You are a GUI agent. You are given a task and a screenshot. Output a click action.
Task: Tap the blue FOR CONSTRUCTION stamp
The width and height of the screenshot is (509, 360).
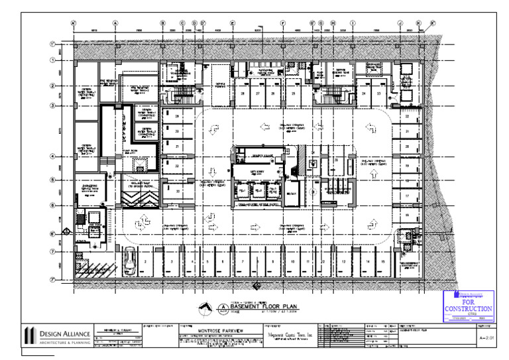tap(468, 306)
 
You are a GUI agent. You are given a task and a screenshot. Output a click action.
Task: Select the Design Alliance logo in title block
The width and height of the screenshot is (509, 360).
tap(29, 335)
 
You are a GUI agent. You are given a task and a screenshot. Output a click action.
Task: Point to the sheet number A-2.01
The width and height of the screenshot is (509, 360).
tap(487, 337)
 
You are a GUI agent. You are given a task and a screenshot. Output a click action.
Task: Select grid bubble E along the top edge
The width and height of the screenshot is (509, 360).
tap(233, 23)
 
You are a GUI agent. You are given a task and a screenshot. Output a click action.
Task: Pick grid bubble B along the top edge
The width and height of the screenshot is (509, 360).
tap(162, 23)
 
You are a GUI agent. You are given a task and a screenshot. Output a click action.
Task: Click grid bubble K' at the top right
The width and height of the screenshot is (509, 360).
tap(433, 23)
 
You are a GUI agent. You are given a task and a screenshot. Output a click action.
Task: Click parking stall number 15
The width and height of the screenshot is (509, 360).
tap(384, 263)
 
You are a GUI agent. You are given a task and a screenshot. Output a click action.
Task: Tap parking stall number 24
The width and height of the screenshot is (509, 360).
tap(365, 93)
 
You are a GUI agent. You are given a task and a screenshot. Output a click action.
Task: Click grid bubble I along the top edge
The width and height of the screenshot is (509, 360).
tap(353, 23)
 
